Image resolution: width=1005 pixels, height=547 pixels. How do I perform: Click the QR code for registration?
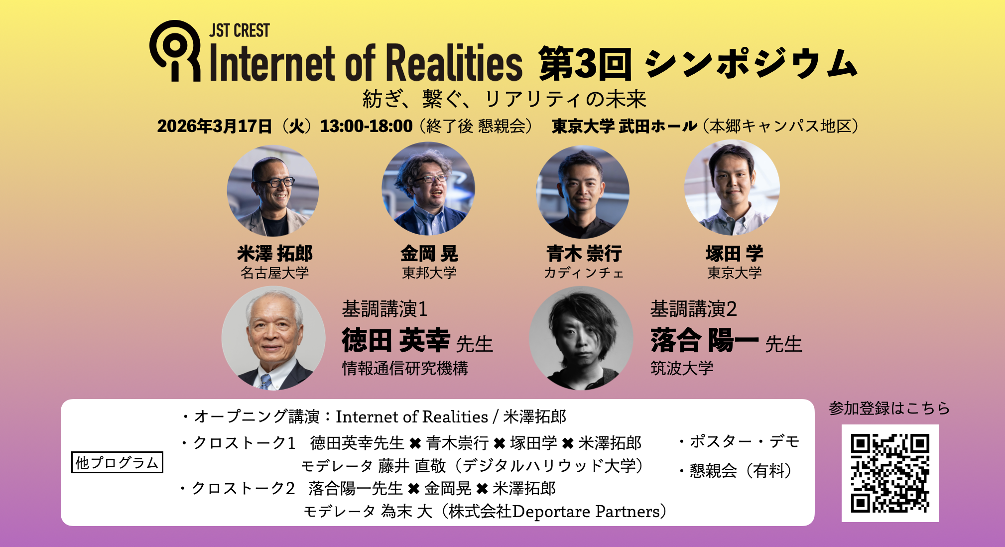890,473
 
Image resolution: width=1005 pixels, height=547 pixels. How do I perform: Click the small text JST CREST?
240,30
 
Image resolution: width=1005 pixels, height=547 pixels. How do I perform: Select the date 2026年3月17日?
215,126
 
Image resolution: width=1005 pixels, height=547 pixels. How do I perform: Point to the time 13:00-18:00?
366,126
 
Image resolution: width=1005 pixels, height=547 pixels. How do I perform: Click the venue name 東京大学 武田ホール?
625,126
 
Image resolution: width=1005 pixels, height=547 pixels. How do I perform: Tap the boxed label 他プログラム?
117,462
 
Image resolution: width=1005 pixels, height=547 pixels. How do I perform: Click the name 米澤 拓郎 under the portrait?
275,254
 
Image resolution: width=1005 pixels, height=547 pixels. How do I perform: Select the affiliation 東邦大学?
429,273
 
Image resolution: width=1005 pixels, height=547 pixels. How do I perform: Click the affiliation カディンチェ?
584,273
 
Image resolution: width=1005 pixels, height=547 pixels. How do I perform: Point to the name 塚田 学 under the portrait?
735,254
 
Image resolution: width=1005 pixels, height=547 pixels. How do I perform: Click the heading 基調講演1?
384,309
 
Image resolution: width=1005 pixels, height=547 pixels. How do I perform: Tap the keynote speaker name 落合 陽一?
705,341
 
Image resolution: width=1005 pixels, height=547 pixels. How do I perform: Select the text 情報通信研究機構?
405,368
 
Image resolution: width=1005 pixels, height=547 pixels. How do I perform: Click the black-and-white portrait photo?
581,338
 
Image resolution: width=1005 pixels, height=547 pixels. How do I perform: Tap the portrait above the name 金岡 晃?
428,189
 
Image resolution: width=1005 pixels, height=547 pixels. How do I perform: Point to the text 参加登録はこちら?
889,408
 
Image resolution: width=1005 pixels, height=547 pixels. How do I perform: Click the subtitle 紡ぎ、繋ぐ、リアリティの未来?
504,99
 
